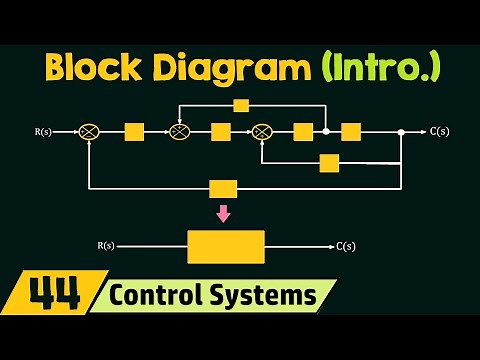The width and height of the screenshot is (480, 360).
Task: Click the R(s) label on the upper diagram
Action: tap(42, 131)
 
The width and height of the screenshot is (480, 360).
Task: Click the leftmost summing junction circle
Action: tap(91, 131)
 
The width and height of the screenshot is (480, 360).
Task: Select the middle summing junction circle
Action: tap(179, 131)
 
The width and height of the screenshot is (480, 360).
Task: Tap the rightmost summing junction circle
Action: tap(262, 131)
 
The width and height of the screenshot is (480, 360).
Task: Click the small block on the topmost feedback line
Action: tap(240, 105)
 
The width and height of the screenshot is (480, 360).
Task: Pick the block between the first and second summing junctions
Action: tap(134, 131)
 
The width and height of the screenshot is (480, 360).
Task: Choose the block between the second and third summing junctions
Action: tap(221, 131)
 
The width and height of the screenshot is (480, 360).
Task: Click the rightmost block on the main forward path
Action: tap(350, 131)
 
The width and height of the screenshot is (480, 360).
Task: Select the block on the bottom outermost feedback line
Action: tap(223, 188)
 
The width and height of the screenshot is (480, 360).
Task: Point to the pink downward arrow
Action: tap(223, 213)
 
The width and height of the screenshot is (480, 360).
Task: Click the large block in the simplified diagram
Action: tap(226, 246)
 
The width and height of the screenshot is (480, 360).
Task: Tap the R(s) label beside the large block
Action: tap(107, 246)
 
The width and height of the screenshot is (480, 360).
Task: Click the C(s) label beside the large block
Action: tap(346, 246)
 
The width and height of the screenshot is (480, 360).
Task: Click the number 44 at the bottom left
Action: tap(50, 297)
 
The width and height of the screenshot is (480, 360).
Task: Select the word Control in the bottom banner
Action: tap(155, 297)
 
